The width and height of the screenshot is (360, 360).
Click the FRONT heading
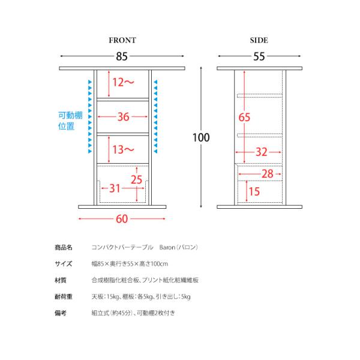tap(122, 41)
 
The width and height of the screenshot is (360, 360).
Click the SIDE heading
tap(259, 41)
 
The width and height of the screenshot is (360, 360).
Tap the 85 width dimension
tap(122, 57)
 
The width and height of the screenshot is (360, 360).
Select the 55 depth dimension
tap(259, 57)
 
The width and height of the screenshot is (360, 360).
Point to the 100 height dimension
tap(201, 137)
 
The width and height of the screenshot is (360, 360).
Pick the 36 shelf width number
tap(124, 117)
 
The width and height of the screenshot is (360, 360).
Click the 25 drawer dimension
tap(137, 179)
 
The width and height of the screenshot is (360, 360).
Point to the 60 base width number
tap(122, 218)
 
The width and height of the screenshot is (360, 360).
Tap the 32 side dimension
tap(260, 152)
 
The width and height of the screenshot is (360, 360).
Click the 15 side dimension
tap(254, 191)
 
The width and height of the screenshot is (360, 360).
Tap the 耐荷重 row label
tap(63, 296)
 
